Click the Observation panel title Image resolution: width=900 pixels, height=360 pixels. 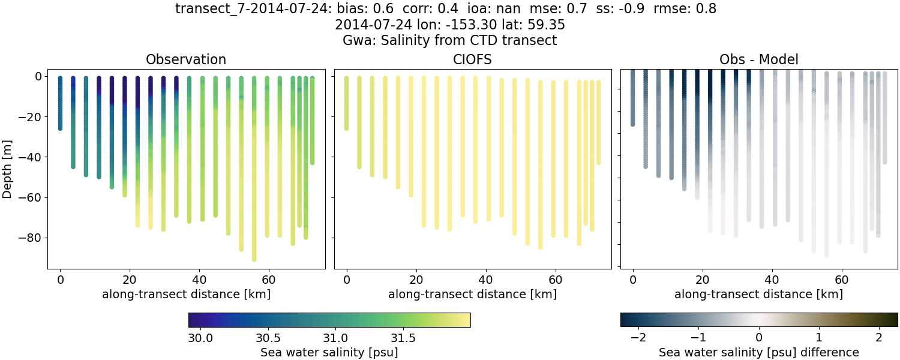click(186, 59)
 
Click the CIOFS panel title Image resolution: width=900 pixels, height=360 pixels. click(472, 59)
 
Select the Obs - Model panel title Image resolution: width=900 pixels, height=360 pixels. click(758, 59)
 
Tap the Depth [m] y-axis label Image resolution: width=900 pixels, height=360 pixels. click(8, 162)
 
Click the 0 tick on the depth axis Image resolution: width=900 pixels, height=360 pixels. click(38, 77)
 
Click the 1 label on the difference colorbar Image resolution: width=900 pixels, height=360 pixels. click(819, 337)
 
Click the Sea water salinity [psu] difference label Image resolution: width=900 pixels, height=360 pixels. click(758, 352)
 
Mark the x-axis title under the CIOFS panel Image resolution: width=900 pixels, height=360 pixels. click(472, 294)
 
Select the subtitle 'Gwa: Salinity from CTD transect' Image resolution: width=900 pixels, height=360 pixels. click(449, 40)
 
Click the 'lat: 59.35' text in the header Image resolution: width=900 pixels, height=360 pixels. click(532, 25)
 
